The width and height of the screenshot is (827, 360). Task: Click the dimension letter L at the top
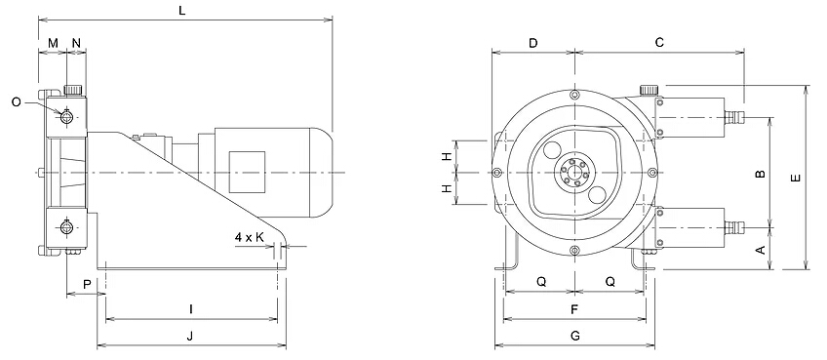[183, 10]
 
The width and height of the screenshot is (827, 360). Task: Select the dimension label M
[53, 43]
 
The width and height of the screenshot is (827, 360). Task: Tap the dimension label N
[76, 43]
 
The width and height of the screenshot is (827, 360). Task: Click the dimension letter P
[87, 284]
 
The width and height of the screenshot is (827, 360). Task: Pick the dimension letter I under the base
[191, 309]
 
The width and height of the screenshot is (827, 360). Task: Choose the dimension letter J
[191, 336]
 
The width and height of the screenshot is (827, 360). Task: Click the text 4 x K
[251, 237]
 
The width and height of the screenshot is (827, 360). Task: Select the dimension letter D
[532, 43]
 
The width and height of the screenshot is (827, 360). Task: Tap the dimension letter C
[659, 43]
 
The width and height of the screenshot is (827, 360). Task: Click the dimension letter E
[796, 179]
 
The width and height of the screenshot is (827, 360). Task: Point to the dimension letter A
[761, 249]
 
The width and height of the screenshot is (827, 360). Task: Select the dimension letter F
[574, 309]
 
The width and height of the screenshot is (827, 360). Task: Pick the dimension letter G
[574, 336]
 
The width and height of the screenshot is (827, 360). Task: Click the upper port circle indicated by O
[66, 118]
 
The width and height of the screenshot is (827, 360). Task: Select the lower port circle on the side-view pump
[66, 228]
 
